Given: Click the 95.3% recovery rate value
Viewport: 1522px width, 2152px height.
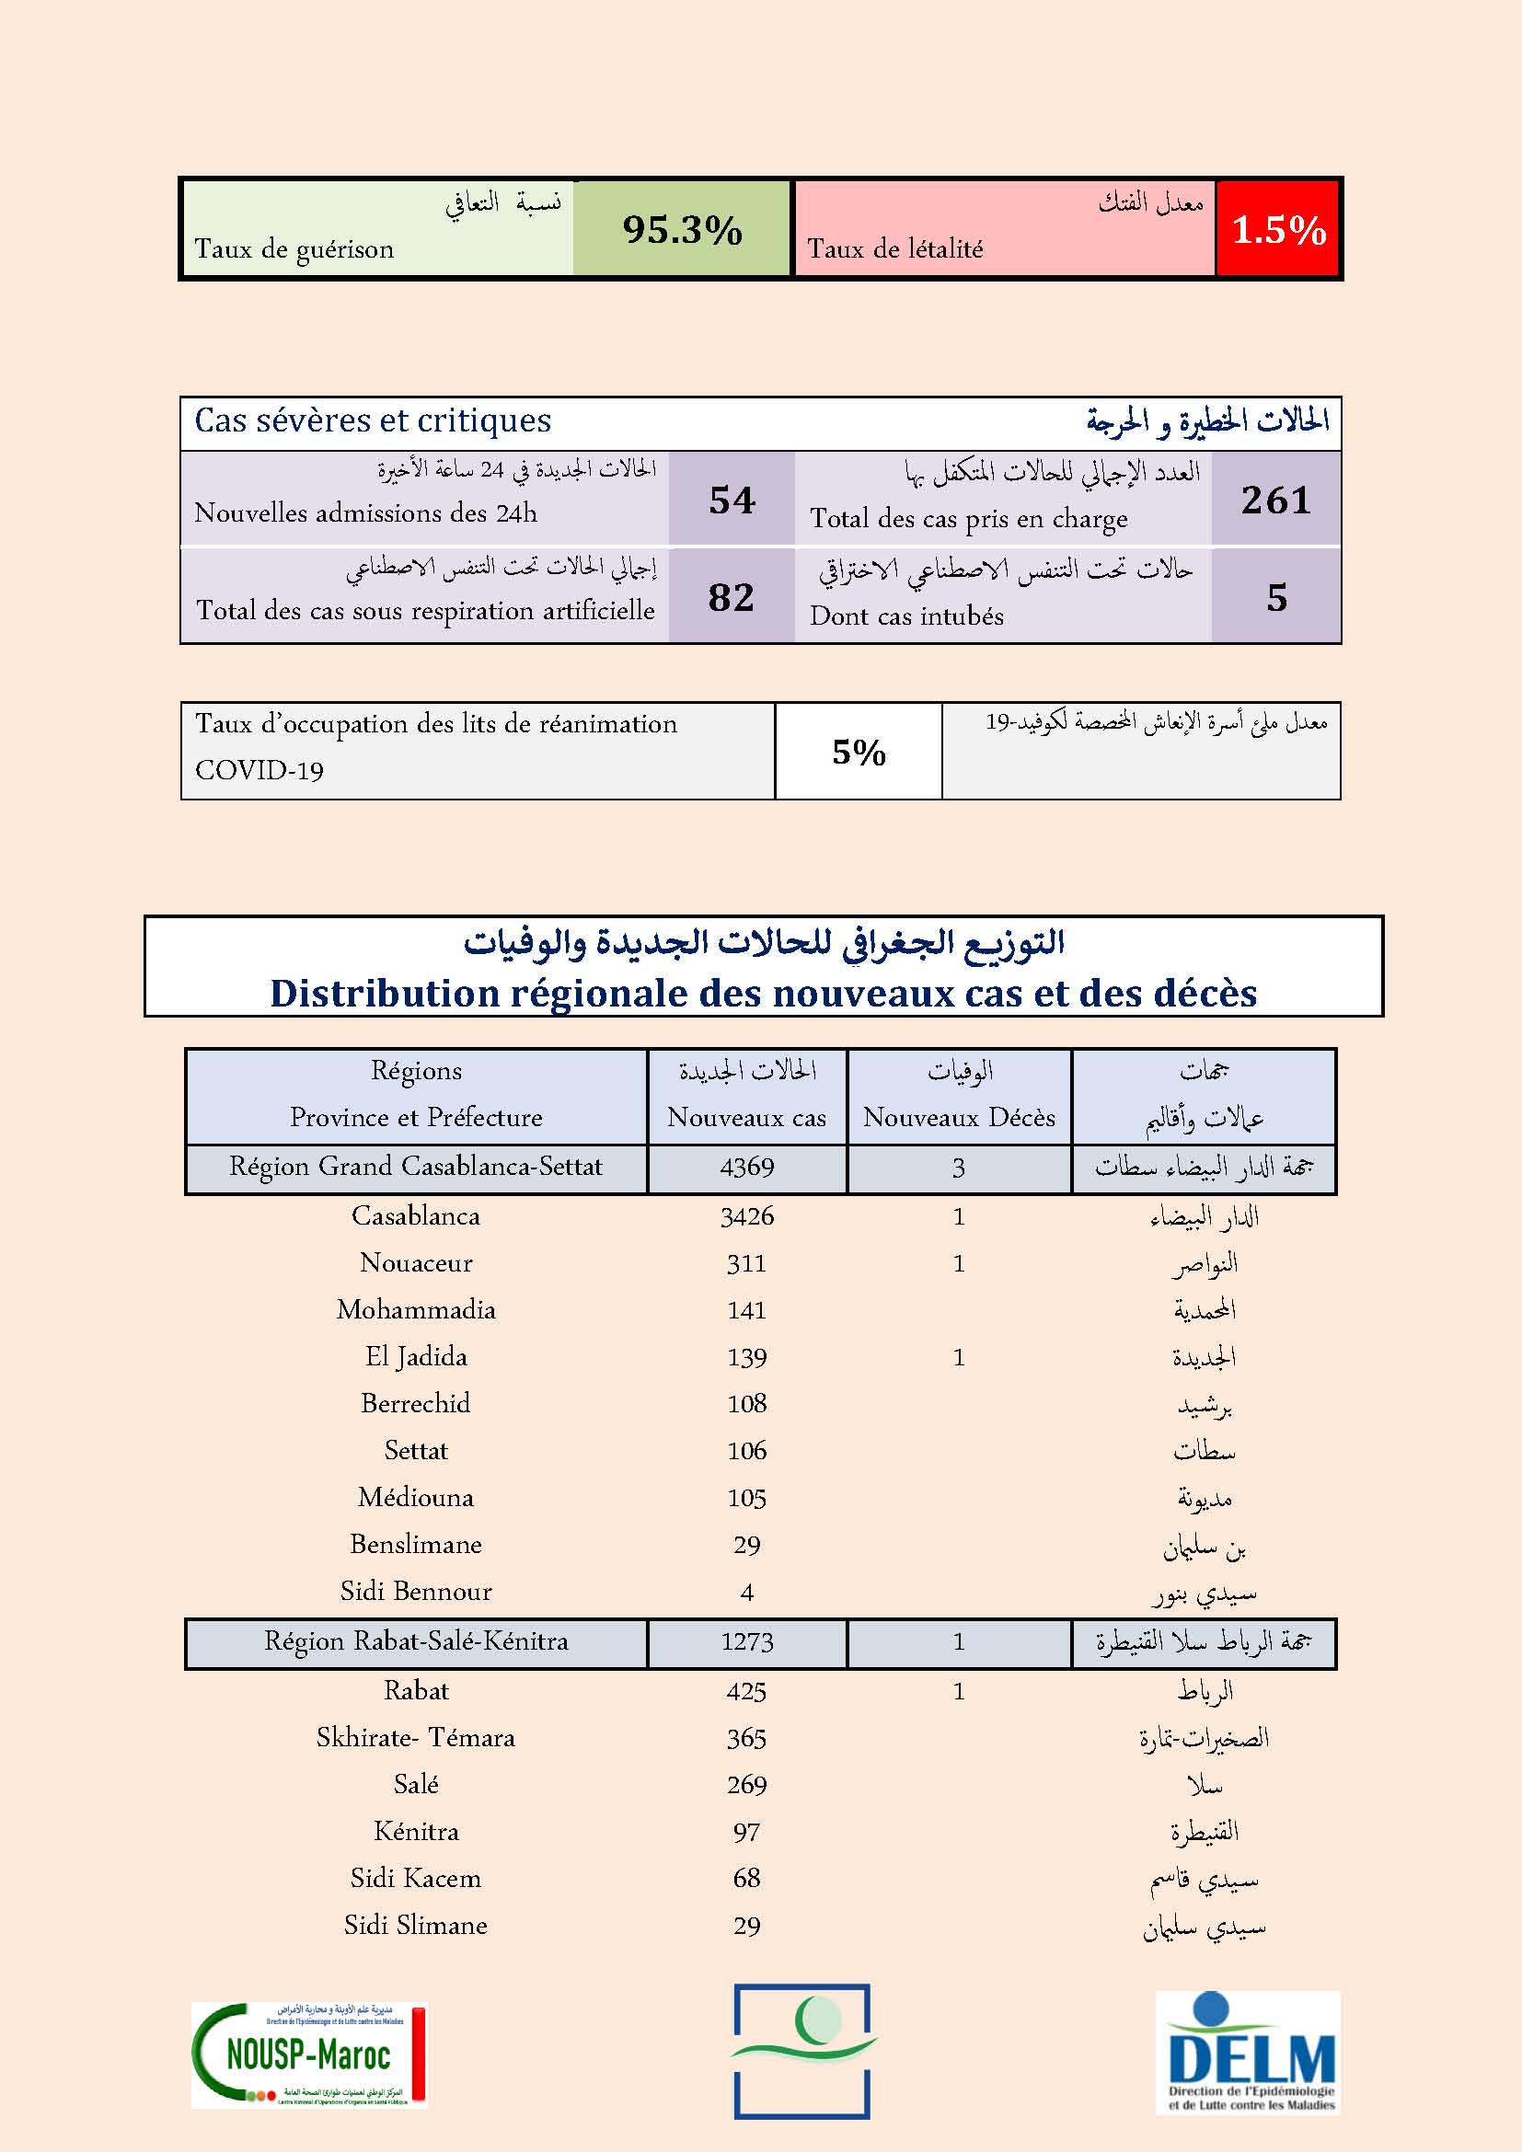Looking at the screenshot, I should pos(681,230).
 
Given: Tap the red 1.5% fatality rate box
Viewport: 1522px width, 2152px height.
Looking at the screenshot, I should pos(1277,230).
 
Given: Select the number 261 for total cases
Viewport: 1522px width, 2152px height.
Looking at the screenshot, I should pos(1275,500).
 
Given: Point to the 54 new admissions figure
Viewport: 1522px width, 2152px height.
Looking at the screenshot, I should pos(732,500).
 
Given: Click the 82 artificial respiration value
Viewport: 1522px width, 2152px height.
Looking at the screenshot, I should pos(731,597).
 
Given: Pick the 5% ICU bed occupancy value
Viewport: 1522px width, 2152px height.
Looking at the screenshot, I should pos(859,752).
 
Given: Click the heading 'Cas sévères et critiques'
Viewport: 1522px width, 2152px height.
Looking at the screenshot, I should pos(373,420).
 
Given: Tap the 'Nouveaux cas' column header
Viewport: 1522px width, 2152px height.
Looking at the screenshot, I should pos(747,1116).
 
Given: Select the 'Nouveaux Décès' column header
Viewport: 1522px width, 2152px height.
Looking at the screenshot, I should pos(959,1116).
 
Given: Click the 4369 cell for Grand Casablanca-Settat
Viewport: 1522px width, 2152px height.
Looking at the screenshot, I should pos(747,1167).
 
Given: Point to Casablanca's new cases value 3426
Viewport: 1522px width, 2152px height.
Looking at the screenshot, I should pos(747,1216).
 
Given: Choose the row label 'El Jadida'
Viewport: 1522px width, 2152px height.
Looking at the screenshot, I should pos(416,1356).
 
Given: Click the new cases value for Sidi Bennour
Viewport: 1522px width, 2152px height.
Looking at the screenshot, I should pos(747,1592).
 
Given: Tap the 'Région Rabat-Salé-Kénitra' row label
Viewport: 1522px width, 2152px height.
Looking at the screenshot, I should pos(416,1641).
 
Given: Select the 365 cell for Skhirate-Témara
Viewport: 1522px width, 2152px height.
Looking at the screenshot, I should pos(747,1738).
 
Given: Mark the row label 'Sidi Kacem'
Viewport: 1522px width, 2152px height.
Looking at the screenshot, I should pos(416,1879).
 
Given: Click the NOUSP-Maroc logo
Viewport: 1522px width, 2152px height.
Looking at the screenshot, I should pos(309,2054).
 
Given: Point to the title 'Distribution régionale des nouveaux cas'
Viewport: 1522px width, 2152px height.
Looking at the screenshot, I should pos(763,993).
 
